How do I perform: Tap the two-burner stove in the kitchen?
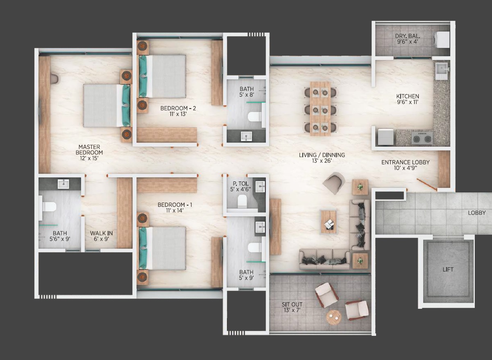[x=422, y=138]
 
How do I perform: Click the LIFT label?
[x=448, y=269]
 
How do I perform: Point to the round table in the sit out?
[x=334, y=317]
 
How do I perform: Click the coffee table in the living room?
[x=329, y=222]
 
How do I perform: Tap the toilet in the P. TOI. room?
[x=242, y=201]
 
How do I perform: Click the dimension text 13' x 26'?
[x=322, y=161]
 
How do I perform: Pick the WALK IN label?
[x=101, y=233]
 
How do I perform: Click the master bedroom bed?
[x=107, y=106]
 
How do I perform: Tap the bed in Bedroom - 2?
[x=162, y=76]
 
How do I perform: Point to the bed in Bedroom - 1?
[x=162, y=248]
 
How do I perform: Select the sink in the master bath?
[x=63, y=184]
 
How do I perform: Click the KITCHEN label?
[x=408, y=96]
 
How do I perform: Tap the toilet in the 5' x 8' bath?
[x=255, y=117]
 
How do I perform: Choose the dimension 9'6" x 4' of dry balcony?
[x=408, y=42]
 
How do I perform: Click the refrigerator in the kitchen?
[x=385, y=137]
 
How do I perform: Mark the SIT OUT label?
[x=292, y=304]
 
